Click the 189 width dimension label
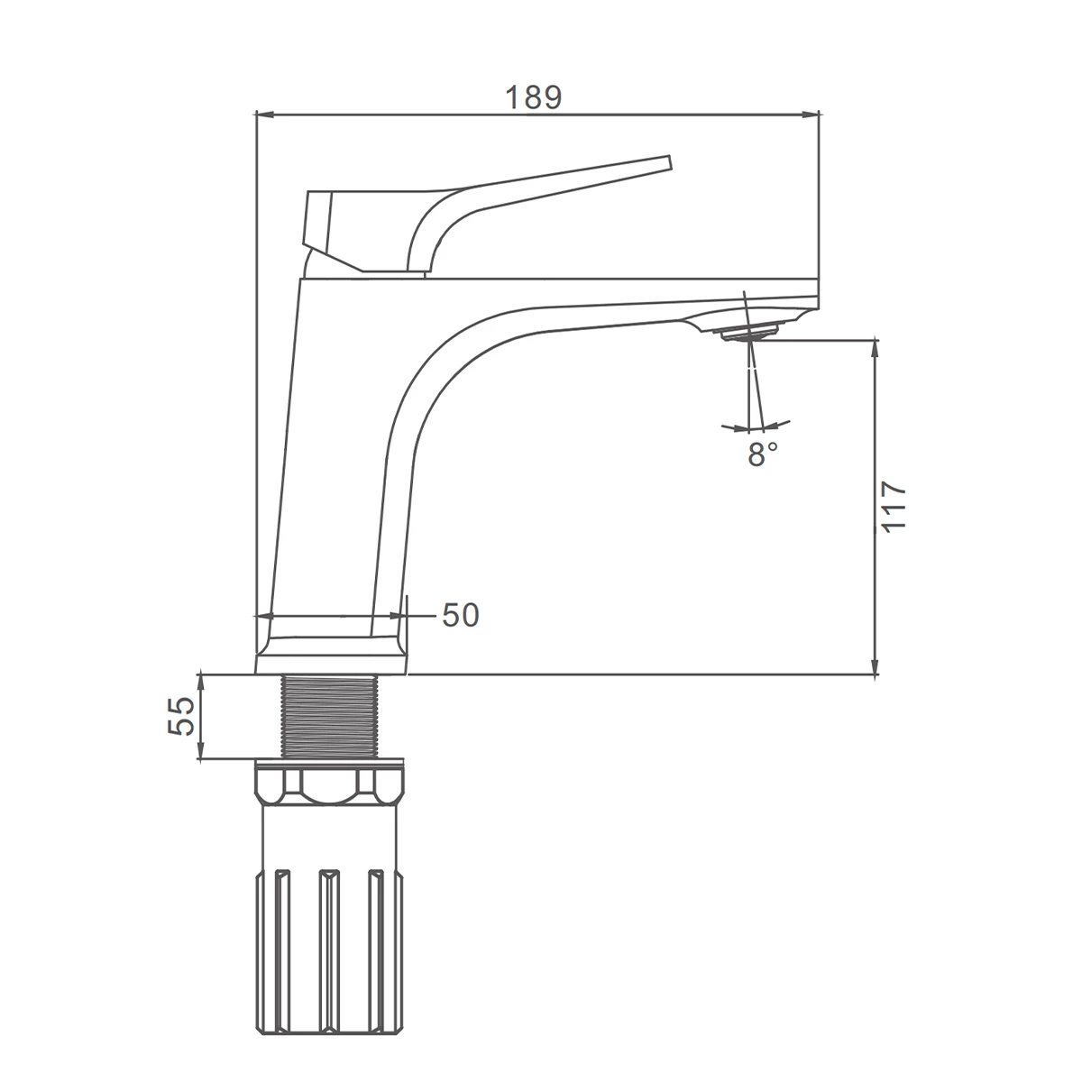[x=534, y=97]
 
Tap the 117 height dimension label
[x=894, y=506]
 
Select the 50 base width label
[x=461, y=615]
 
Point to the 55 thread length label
[x=181, y=716]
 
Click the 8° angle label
[x=763, y=454]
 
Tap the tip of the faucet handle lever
[x=669, y=161]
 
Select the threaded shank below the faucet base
[x=330, y=717]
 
